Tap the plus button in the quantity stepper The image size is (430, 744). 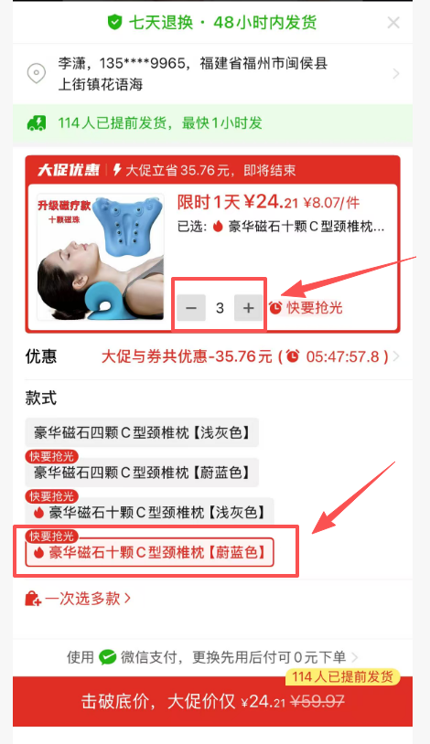pos(248,308)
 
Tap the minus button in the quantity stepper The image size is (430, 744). pos(191,308)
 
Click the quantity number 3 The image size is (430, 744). pos(220,308)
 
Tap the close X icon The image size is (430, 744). pos(393,22)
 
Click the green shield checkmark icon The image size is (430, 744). pos(114,22)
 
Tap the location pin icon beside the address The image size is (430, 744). pos(37,73)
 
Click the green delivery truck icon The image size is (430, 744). pos(37,123)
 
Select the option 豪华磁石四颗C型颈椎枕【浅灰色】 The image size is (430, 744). pos(142,432)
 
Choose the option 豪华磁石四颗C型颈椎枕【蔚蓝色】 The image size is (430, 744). pos(142,473)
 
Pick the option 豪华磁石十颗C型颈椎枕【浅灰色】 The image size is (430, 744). pos(149,512)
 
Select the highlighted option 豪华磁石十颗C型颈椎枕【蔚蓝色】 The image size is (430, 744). pos(149,552)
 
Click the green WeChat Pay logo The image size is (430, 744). pos(108,657)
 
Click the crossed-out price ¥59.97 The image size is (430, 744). pos(317,701)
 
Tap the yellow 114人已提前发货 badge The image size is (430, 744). pos(342,677)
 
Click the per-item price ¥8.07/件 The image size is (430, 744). pos(331,203)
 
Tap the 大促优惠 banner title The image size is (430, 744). pos(69,170)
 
